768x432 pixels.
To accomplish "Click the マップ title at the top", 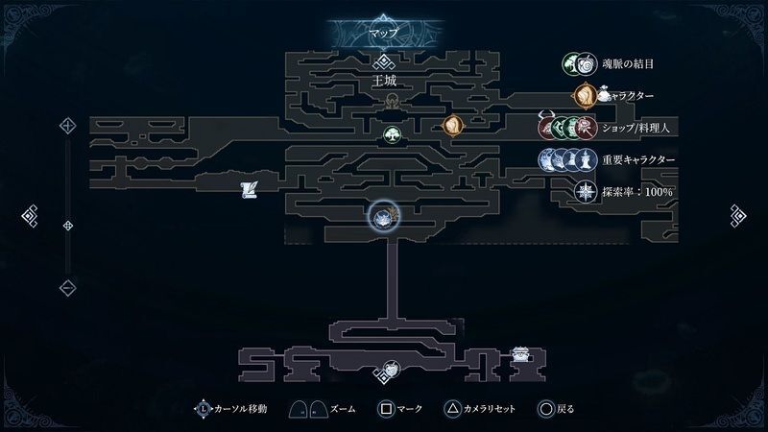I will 384,32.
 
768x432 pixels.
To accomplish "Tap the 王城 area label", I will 384,83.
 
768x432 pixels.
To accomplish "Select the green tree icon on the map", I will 392,134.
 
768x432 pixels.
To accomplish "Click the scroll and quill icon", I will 249,189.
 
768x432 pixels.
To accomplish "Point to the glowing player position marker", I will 384,217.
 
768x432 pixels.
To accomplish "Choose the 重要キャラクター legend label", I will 638,159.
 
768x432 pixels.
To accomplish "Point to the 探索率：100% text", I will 637,192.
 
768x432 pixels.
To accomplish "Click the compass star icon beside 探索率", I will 584,192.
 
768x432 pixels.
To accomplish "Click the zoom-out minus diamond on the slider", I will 68,286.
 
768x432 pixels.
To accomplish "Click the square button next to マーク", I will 385,409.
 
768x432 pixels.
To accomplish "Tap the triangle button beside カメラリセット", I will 451,409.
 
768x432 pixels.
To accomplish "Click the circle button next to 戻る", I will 545,409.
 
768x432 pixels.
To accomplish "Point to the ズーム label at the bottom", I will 342,409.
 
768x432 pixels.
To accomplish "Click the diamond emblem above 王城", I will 384,63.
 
